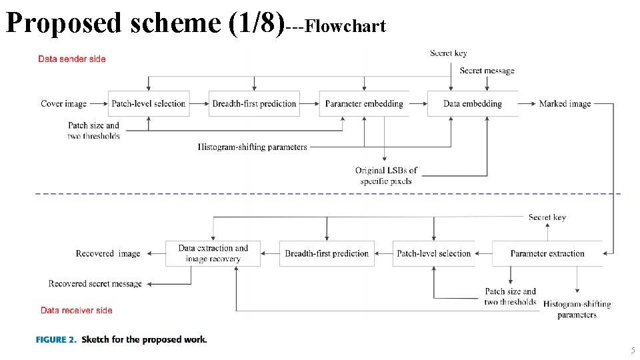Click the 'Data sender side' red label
72,59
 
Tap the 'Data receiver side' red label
76,310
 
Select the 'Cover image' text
64,103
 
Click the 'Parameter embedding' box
364,103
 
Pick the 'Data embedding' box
472,103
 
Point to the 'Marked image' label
565,103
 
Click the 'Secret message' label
487,71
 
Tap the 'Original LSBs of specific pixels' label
386,175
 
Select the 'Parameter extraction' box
547,253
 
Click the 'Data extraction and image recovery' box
213,253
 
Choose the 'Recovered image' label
108,253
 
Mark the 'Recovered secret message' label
95,283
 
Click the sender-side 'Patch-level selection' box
149,103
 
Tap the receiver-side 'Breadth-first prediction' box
327,253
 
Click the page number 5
633,351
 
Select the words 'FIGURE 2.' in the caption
56,339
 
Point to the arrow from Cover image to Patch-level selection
98,103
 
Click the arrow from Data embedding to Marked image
527,103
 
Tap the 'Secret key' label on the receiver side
547,217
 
